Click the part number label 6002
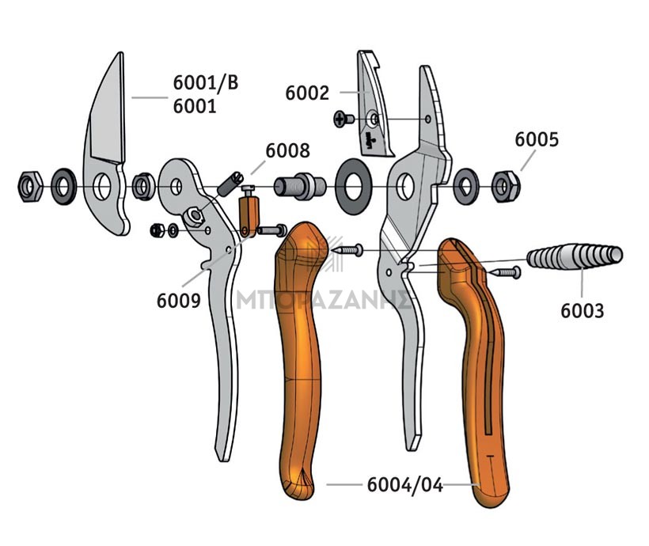click(x=307, y=93)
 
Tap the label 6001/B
click(x=206, y=82)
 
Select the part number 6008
click(x=287, y=150)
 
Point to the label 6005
click(x=537, y=139)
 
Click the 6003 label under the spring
click(x=583, y=311)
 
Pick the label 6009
click(x=178, y=301)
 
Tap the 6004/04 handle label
click(x=405, y=485)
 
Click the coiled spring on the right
click(x=575, y=256)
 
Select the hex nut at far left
click(x=30, y=187)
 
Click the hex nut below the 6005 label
click(x=506, y=187)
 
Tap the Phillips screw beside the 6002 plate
click(x=343, y=119)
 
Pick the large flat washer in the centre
click(x=353, y=186)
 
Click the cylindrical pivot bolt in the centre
click(x=301, y=187)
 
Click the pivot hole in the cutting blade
click(x=102, y=186)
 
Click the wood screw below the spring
click(x=505, y=272)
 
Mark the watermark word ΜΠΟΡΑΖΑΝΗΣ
click(x=324, y=299)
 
